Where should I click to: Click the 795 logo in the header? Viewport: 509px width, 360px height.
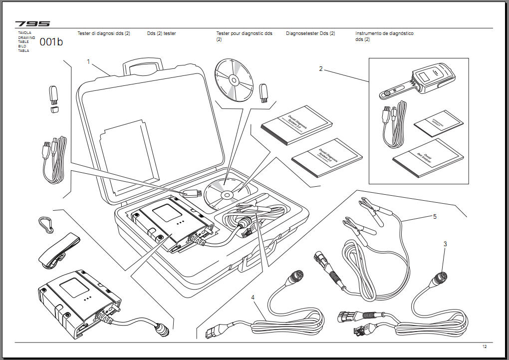[32, 23]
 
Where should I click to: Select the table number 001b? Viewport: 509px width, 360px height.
[51, 42]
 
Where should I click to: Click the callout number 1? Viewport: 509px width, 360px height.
[88, 62]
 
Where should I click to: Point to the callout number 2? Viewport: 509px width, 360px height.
[321, 69]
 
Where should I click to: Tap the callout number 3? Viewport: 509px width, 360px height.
[445, 244]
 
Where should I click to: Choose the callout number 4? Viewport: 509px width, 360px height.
[253, 297]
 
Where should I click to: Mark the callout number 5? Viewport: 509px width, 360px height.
[435, 217]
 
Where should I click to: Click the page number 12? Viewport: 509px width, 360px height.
[484, 347]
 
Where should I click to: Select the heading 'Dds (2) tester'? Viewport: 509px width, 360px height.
[161, 33]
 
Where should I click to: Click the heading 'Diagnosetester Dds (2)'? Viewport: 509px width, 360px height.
[310, 33]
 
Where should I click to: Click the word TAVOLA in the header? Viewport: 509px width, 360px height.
[24, 32]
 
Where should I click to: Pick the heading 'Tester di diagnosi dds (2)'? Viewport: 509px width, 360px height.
[103, 33]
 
